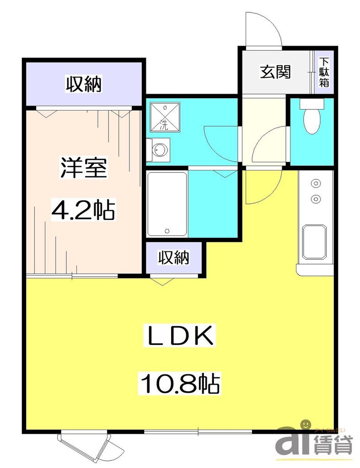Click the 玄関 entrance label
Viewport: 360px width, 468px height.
tap(276, 72)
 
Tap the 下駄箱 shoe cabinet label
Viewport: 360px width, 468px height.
tap(324, 72)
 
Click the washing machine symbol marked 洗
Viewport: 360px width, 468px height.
tap(163, 116)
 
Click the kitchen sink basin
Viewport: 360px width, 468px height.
tap(314, 242)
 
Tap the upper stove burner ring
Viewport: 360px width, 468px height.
tap(315, 184)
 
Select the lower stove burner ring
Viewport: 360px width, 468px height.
tap(315, 199)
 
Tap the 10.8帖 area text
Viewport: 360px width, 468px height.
tap(180, 383)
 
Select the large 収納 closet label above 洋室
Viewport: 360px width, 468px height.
tap(83, 84)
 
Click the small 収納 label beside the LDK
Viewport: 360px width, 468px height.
tap(174, 259)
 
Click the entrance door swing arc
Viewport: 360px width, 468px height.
tap(263, 28)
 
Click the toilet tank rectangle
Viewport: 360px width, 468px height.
tap(312, 104)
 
